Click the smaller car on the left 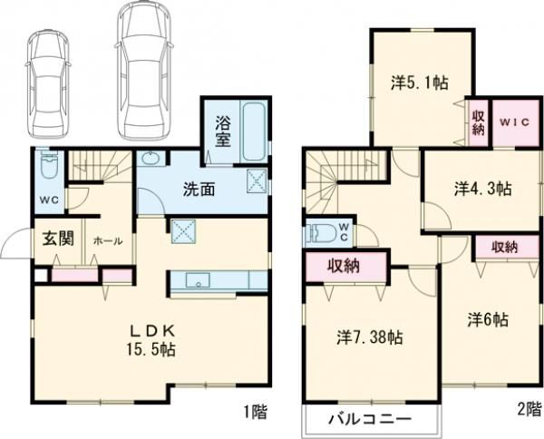pyautogui.click(x=48, y=84)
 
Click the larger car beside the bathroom pyautogui.click(x=143, y=70)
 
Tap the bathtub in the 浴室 pyautogui.click(x=255, y=132)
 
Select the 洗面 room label pyautogui.click(x=199, y=190)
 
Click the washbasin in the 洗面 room pyautogui.click(x=151, y=159)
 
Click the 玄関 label pyautogui.click(x=58, y=239)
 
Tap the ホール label pyautogui.click(x=108, y=241)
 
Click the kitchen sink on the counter pyautogui.click(x=198, y=280)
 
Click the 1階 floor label pyautogui.click(x=256, y=412)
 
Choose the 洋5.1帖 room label pyautogui.click(x=420, y=83)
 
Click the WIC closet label pyautogui.click(x=514, y=122)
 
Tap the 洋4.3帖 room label pyautogui.click(x=482, y=190)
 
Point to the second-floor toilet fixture pyautogui.click(x=323, y=232)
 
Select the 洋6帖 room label pyautogui.click(x=488, y=319)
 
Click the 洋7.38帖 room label pyautogui.click(x=370, y=337)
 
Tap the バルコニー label pyautogui.click(x=370, y=419)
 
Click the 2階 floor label pyautogui.click(x=529, y=409)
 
